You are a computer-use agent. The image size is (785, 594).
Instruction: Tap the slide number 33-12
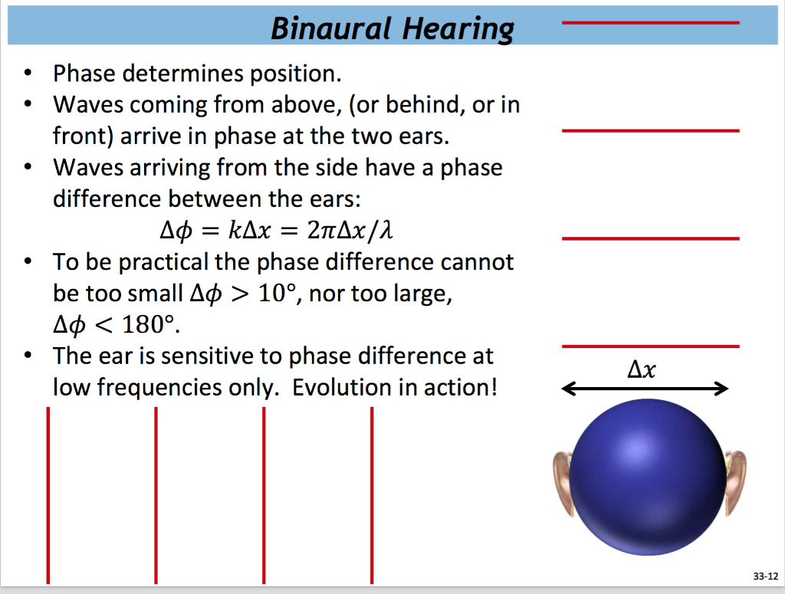click(765, 574)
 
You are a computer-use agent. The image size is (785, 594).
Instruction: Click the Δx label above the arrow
click(642, 370)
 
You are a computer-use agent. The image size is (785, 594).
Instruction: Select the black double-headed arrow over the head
click(645, 390)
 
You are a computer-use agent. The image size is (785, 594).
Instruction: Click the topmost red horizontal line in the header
click(650, 23)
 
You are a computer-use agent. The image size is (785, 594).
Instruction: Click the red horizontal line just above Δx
click(650, 346)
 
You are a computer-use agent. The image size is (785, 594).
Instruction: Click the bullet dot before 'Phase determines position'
click(28, 75)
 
